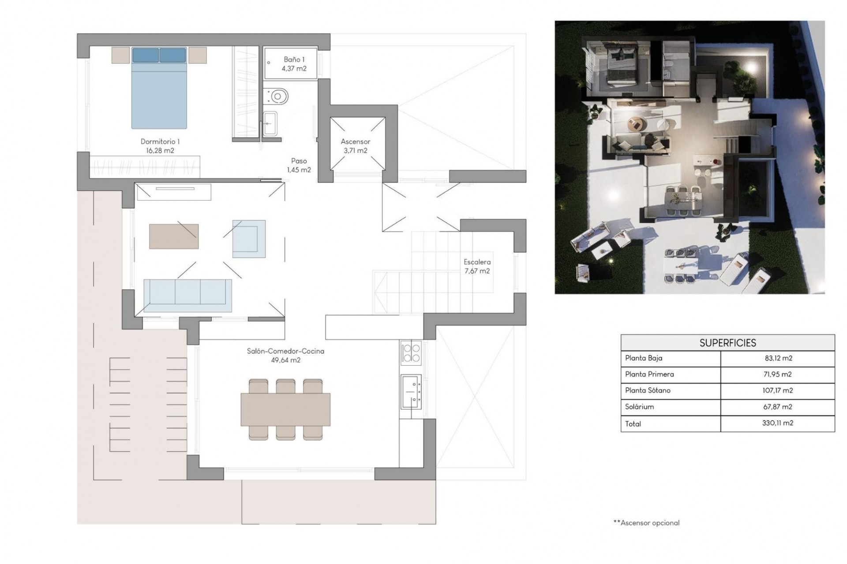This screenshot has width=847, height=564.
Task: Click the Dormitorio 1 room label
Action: tap(160, 141)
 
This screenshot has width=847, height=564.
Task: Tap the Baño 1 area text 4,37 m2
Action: tap(294, 69)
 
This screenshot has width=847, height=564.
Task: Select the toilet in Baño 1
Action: tap(277, 96)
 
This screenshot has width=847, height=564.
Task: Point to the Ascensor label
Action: tap(355, 141)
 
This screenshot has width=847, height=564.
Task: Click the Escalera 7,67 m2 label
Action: tap(477, 266)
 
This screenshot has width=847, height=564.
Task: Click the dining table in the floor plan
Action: tap(285, 409)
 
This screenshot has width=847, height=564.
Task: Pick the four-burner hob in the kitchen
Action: tap(411, 352)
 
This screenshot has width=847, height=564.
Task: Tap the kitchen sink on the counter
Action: tap(411, 391)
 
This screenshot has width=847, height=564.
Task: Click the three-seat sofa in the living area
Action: tap(187, 295)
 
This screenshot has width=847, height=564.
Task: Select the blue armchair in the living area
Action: tap(249, 239)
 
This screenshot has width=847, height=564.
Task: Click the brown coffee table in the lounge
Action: tap(174, 237)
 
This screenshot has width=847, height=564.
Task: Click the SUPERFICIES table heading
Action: tap(727, 343)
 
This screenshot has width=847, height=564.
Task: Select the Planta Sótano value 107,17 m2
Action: tap(778, 390)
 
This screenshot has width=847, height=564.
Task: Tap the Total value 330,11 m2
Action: tap(778, 423)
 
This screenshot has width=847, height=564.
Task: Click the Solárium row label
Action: tap(639, 407)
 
